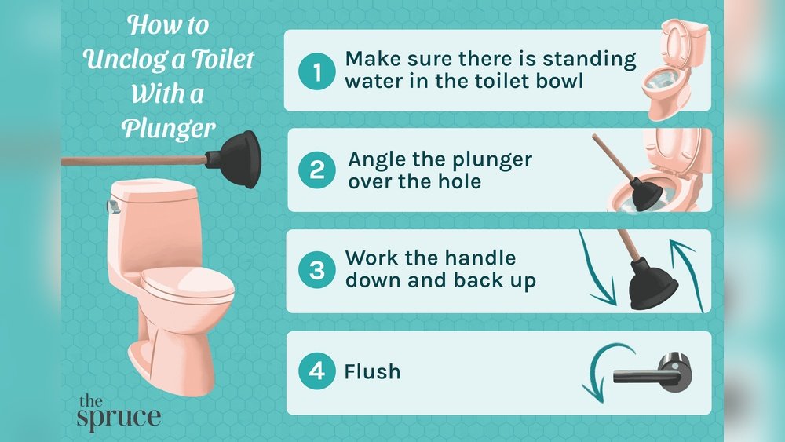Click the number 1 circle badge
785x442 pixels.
317,72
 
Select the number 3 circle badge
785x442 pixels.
317,271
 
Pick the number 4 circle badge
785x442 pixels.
317,371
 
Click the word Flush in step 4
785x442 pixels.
372,371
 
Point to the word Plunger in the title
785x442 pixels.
168,128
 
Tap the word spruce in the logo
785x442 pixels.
119,416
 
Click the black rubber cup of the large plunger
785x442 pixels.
236,160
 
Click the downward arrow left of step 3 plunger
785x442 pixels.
596,271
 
